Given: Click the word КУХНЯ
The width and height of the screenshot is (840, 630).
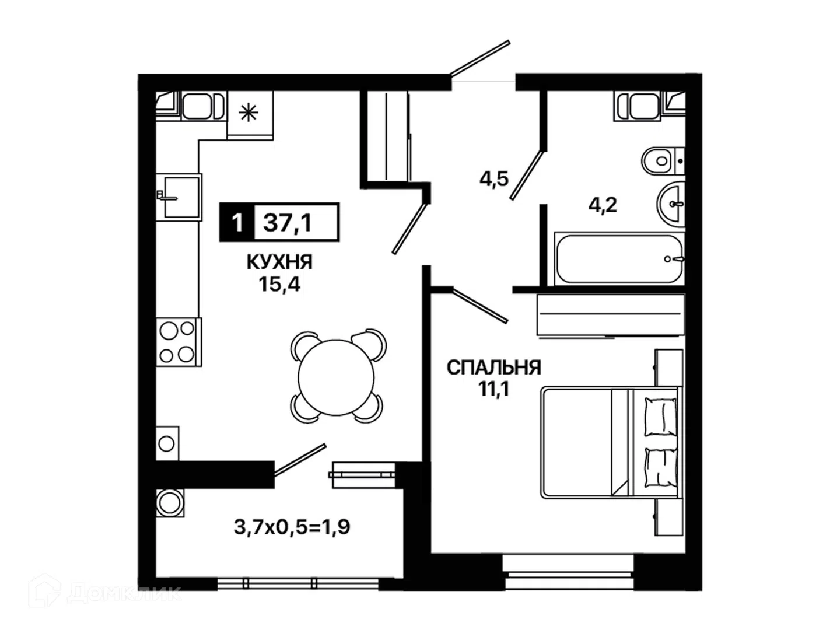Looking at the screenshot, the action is point(279,262).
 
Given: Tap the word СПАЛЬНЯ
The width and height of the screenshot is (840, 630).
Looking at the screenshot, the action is point(494,367).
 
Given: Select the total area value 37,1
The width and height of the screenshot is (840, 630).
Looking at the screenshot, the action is point(288,223).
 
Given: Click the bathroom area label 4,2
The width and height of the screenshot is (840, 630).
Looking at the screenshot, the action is point(603,205).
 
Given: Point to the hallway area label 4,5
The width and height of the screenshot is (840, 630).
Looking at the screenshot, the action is point(494,178).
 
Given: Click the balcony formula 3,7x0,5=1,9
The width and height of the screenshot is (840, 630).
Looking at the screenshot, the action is point(292,527).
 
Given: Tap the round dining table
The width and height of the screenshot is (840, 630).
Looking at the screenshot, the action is point(336,377).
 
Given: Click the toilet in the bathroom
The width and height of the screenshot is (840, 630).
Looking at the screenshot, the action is point(663,160).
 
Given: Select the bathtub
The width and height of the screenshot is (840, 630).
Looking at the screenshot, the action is point(619,259).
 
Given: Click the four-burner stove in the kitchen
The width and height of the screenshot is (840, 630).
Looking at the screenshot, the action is point(178,342).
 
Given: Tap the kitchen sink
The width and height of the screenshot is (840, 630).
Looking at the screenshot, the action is point(178,197).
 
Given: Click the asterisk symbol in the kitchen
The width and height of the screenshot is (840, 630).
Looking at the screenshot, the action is point(249,113).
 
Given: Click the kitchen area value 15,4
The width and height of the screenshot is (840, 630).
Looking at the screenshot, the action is point(279,284).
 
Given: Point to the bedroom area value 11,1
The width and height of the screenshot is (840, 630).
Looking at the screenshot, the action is point(494,390).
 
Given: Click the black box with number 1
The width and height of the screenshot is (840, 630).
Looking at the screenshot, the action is point(237,223).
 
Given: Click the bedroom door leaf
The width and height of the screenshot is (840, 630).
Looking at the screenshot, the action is point(480,305).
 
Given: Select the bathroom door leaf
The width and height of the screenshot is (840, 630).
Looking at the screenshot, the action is point(527,175).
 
